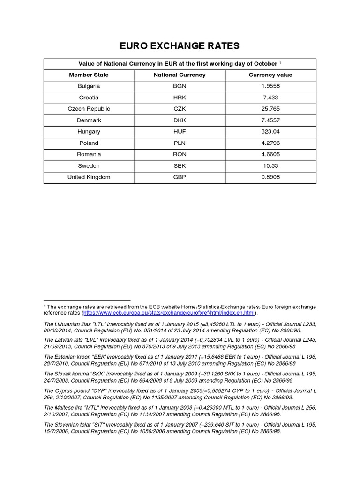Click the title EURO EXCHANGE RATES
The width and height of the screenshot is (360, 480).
click(x=180, y=45)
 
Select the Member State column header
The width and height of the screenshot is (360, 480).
click(x=89, y=75)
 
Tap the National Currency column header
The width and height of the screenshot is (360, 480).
click(x=180, y=75)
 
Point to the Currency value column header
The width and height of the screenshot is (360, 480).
click(x=270, y=75)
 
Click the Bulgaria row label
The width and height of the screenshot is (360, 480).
click(x=89, y=86)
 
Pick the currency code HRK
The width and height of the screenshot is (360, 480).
click(x=180, y=97)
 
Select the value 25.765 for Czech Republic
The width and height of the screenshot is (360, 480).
click(x=270, y=109)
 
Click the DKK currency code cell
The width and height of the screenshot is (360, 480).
click(x=180, y=120)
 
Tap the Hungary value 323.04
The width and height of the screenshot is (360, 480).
click(x=270, y=132)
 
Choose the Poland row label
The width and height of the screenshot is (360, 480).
click(x=89, y=143)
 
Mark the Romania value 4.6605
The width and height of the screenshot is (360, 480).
click(x=270, y=154)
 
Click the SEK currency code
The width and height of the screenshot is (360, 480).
click(x=180, y=165)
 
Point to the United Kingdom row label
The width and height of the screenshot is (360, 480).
click(x=89, y=177)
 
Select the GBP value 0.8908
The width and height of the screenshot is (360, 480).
click(x=270, y=177)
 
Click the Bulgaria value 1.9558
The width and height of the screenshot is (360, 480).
click(x=270, y=86)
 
